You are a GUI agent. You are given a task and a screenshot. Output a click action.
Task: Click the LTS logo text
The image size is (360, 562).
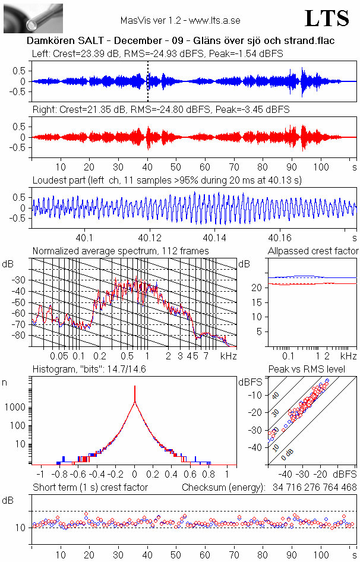[x=327, y=18]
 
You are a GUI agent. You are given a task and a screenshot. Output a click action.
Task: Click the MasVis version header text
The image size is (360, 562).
[x=180, y=20]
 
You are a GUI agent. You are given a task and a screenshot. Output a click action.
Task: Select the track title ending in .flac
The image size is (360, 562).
[x=180, y=41]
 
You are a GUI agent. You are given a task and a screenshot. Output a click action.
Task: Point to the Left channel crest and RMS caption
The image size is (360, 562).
[x=157, y=54]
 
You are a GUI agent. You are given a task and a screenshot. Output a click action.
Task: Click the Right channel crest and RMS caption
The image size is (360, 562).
[x=160, y=110]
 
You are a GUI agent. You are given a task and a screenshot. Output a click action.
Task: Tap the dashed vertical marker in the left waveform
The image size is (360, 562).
[x=148, y=81]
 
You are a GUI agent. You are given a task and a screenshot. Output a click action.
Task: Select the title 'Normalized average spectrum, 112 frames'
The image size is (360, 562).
[x=121, y=251]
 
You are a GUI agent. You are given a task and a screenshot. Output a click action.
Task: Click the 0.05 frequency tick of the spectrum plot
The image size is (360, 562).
[x=59, y=356]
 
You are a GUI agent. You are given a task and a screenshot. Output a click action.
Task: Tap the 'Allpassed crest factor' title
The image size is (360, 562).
[x=313, y=251]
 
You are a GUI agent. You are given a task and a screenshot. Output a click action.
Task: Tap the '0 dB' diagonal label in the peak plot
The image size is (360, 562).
[x=289, y=452]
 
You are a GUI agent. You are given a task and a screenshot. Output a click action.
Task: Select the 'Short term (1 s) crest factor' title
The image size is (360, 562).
[x=90, y=487]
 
